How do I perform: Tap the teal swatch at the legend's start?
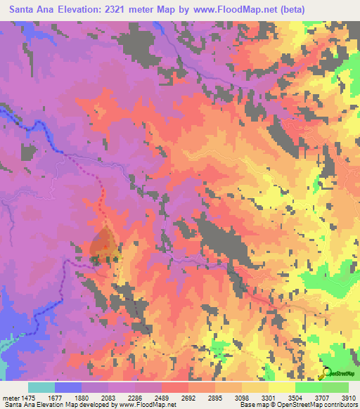click(x=41, y=387)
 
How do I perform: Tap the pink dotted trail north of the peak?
click(x=101, y=190)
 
